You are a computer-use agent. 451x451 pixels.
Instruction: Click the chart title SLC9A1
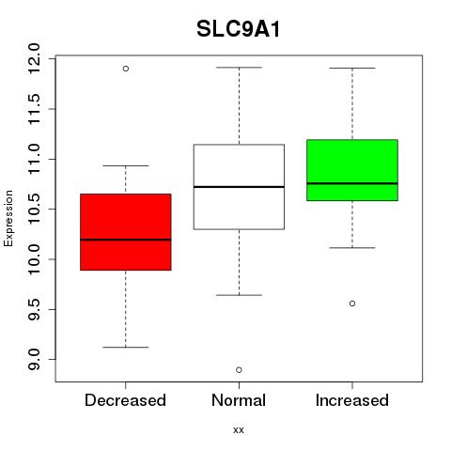tap(239, 29)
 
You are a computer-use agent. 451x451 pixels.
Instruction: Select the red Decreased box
tap(126, 232)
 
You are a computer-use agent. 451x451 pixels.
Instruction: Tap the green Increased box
tap(352, 170)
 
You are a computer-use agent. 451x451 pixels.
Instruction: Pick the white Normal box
tap(239, 187)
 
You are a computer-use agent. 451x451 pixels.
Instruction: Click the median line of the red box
tap(126, 240)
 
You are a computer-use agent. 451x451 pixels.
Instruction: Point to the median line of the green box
tap(352, 183)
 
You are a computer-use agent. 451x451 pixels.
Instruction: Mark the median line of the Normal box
tap(239, 187)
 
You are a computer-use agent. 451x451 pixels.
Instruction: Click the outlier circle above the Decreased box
tap(126, 69)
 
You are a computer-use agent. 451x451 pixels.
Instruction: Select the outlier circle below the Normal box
tap(239, 370)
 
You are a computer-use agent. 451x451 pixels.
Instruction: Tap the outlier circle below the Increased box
tap(352, 303)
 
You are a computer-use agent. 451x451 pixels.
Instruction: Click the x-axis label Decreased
tap(125, 400)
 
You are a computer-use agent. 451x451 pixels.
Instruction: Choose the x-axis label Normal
tap(239, 400)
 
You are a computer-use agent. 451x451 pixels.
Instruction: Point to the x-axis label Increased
tap(352, 400)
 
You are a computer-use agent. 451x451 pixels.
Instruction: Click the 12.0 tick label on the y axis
tap(34, 58)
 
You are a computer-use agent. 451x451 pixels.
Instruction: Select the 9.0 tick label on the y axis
tap(34, 360)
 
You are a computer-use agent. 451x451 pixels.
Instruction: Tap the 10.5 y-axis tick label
tap(34, 209)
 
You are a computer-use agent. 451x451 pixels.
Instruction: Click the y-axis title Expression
tap(8, 218)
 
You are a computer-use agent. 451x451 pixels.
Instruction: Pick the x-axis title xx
tap(239, 430)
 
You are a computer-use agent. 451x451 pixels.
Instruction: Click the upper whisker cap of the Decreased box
tap(126, 165)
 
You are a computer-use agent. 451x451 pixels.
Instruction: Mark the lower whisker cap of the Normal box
tap(239, 295)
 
